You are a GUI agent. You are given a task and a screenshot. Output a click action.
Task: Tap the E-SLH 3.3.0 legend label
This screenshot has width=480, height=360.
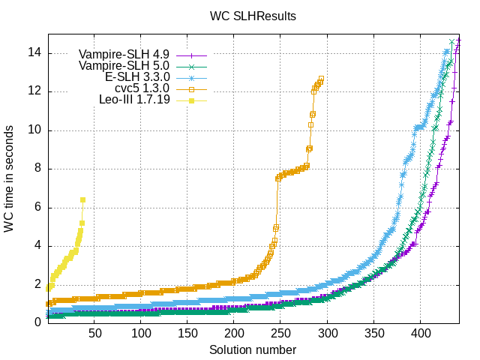pos(133,77)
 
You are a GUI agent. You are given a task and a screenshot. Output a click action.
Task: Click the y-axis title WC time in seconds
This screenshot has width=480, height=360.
pos(10,178)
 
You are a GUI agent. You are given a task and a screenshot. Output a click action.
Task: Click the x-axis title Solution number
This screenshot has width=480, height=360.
pos(253,350)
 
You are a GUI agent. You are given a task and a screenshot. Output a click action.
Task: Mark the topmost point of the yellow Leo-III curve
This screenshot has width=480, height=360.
pos(82,200)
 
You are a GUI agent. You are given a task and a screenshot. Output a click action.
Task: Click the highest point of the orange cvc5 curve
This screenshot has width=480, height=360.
pos(321,79)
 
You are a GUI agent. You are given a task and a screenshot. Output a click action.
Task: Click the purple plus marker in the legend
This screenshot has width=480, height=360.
pos(191,55)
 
